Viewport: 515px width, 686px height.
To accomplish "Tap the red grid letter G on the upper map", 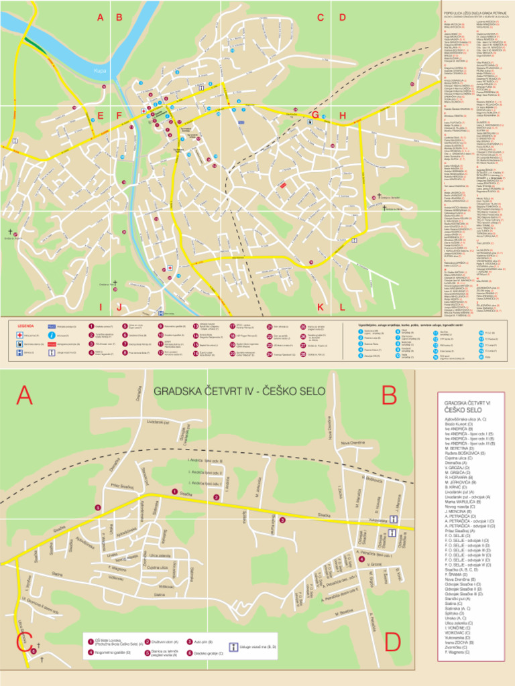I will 314,115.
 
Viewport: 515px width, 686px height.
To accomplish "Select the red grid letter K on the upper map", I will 321,307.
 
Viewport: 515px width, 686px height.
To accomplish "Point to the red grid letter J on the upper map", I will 119,307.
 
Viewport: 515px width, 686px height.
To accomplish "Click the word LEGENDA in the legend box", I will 25,325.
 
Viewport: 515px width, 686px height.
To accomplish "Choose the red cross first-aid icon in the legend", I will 18,334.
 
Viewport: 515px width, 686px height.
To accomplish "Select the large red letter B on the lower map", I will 390,397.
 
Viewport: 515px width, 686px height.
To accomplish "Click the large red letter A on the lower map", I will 24,396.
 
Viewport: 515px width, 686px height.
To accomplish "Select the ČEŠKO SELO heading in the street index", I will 463,409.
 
